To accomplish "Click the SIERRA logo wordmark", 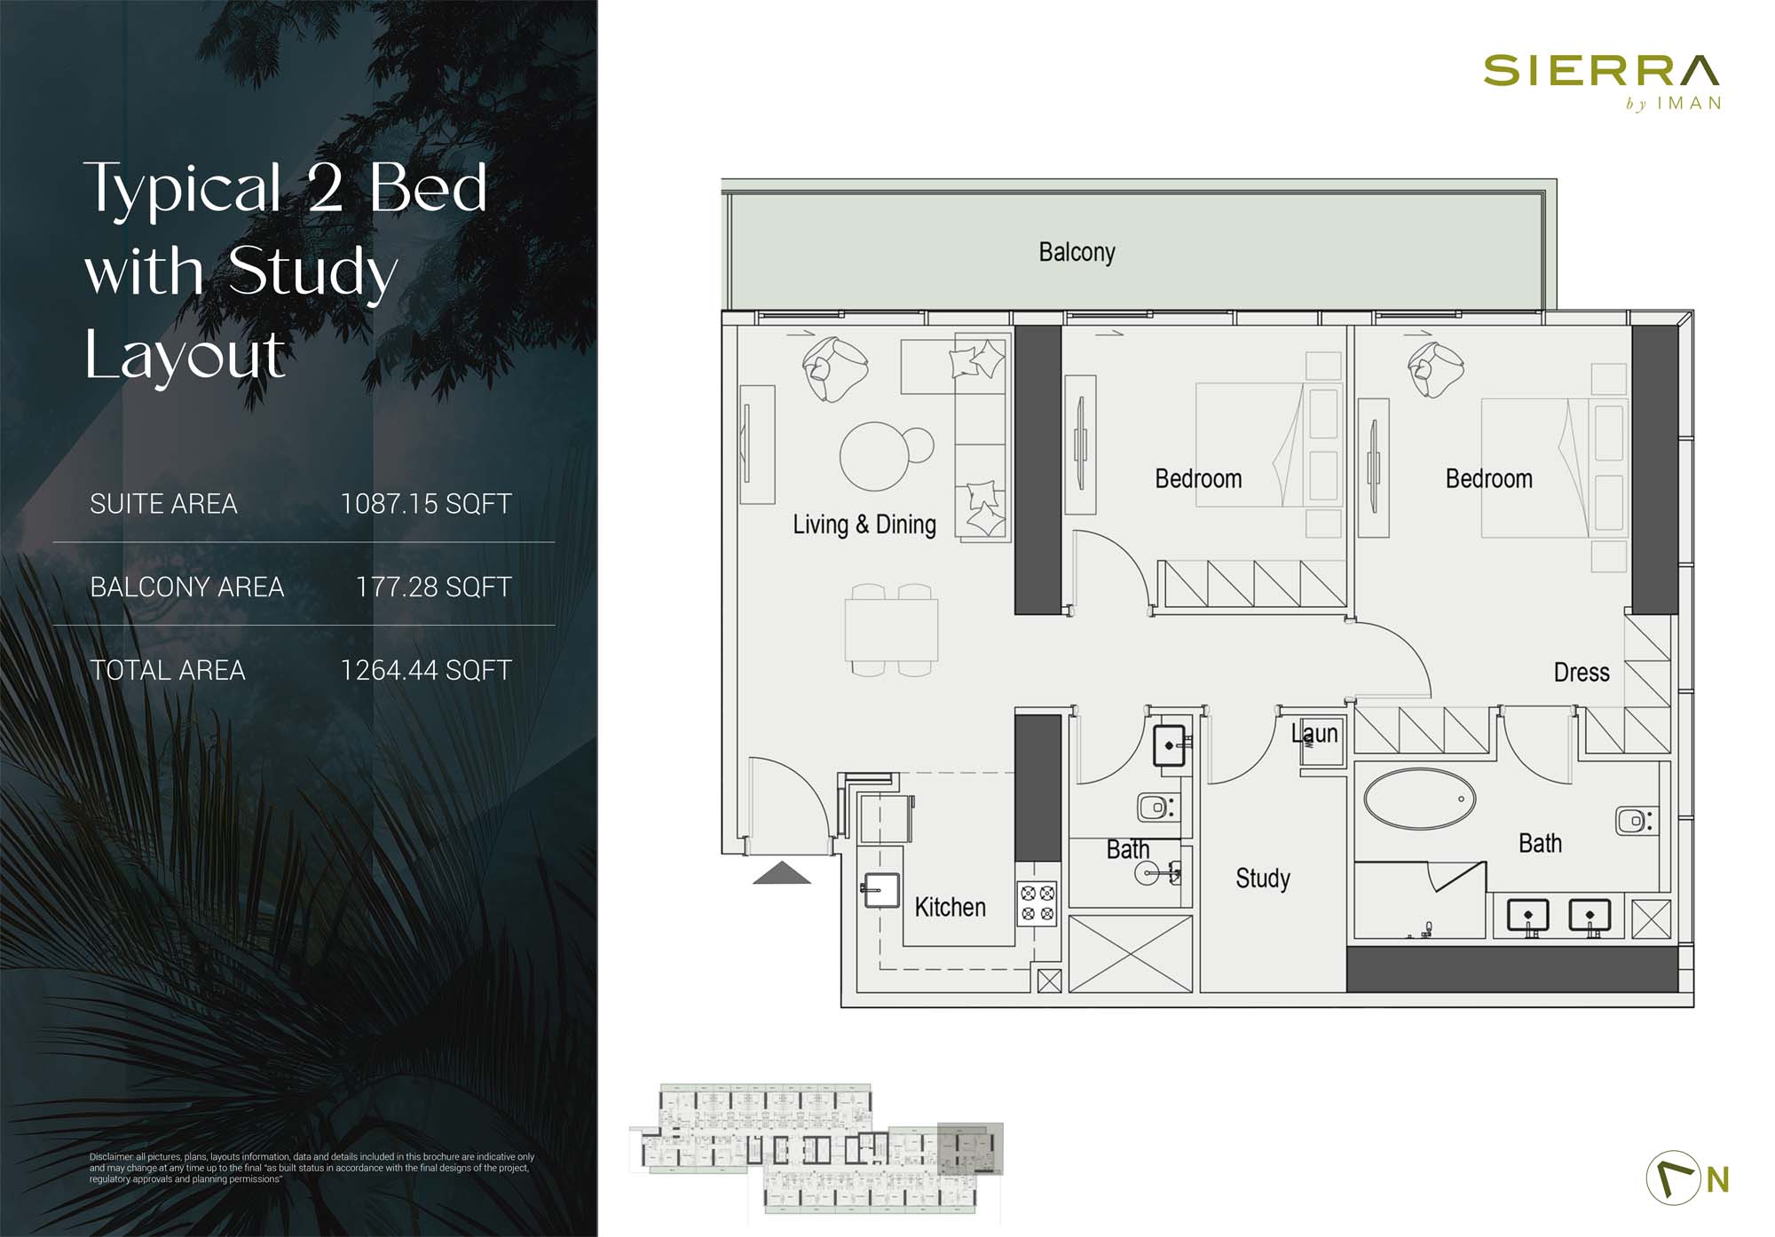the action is [x=1601, y=70].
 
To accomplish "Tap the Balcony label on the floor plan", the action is [x=1077, y=252].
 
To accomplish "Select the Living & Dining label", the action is [x=864, y=524].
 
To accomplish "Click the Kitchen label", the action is [x=950, y=907].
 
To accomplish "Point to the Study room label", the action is [x=1262, y=879].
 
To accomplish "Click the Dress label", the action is [x=1582, y=672].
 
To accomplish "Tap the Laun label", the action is [x=1314, y=733].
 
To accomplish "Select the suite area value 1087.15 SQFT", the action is [x=426, y=504].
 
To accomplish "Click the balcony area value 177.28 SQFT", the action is [x=433, y=587].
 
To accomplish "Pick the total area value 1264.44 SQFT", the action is [x=426, y=670].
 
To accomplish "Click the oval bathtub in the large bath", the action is [x=1419, y=799].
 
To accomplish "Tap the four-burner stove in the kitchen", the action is [x=1037, y=902].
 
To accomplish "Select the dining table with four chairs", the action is [x=891, y=629].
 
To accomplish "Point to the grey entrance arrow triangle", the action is [x=782, y=873].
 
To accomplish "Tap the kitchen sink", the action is [x=881, y=890].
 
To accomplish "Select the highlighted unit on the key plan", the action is [x=971, y=1149].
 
